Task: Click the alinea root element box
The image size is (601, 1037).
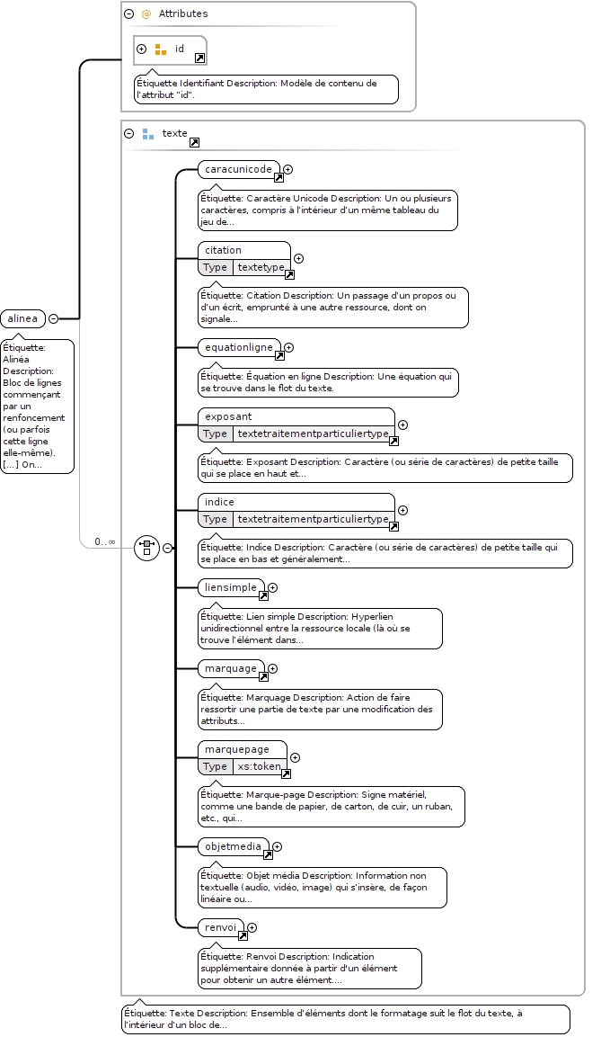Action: (23, 318)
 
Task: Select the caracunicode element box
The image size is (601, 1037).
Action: (238, 169)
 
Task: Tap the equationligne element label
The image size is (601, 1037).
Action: (238, 347)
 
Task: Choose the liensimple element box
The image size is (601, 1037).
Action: (231, 587)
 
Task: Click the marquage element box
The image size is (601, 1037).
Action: (231, 668)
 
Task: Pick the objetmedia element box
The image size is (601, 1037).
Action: (234, 846)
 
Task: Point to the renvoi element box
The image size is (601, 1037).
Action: (221, 928)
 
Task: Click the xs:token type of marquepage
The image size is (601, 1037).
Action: (259, 766)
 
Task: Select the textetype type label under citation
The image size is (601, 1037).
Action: (261, 267)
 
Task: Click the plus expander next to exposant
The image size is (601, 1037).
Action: (402, 425)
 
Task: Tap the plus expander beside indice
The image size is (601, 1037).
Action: (402, 511)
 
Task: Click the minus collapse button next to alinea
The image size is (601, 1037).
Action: (54, 318)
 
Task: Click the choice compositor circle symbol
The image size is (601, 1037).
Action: (146, 549)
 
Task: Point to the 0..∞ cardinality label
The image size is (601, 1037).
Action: (104, 541)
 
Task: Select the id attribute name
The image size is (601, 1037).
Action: (180, 49)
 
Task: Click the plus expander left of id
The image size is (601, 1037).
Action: (141, 49)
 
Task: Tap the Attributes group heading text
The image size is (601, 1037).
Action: (183, 13)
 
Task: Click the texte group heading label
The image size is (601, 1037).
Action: (175, 134)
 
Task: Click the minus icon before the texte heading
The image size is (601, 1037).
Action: (128, 134)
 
